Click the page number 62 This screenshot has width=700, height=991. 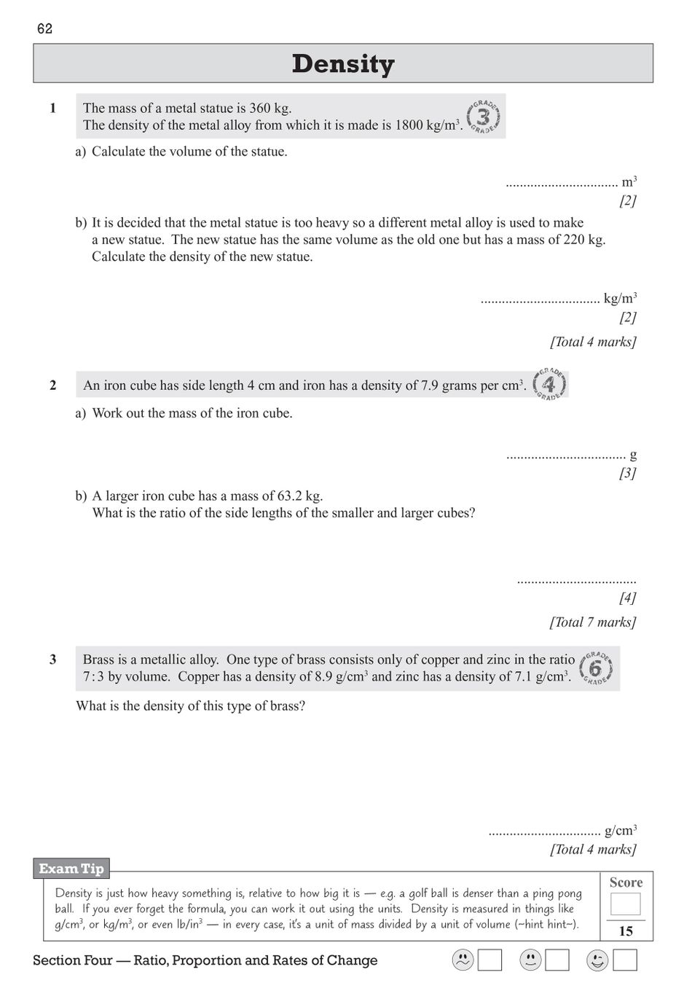click(x=44, y=29)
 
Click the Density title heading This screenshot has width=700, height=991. click(x=343, y=64)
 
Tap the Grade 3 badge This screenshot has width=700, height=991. click(x=482, y=117)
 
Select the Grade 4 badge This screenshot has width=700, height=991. click(x=549, y=384)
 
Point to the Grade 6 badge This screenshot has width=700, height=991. click(x=597, y=668)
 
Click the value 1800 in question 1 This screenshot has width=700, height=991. click(x=409, y=125)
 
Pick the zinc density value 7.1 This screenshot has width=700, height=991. click(x=523, y=677)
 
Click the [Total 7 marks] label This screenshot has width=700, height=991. click(x=592, y=622)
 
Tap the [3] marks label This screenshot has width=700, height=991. click(x=627, y=474)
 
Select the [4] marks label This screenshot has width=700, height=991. click(x=627, y=598)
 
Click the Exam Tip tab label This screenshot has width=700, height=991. click(x=71, y=869)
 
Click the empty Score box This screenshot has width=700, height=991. click(x=625, y=904)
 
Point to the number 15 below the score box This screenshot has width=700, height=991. click(x=626, y=931)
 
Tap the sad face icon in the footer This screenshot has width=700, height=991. click(x=463, y=960)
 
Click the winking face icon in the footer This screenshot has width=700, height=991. click(x=597, y=960)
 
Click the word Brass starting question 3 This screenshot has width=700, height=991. click(x=99, y=660)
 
